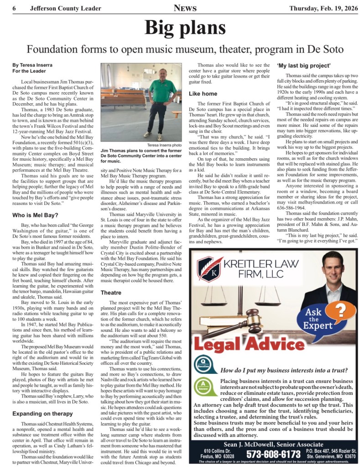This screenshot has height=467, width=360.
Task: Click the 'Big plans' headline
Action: coord(180,28)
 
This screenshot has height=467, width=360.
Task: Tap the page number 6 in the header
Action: coord(15,7)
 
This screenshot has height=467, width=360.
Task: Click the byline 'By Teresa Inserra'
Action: coord(33,65)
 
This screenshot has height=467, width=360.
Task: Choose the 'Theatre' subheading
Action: coord(111,292)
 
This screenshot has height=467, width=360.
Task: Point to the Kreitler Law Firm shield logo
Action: coord(209,269)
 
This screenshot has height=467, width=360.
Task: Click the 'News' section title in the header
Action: coord(185,7)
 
